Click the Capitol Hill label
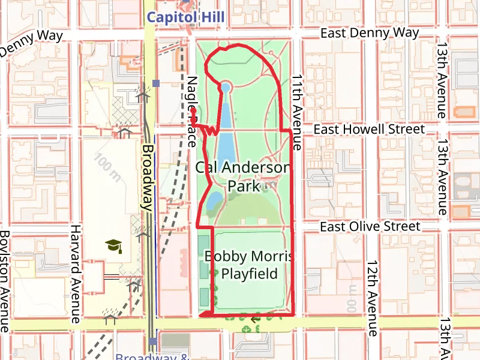pos(185,17)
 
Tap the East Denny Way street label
pos(370,33)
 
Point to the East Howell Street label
pos(369,129)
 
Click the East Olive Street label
pos(370,226)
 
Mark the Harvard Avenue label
pos(76,274)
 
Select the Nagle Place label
pos(191,112)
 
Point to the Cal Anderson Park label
pos(244,176)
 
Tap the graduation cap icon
pos(113,245)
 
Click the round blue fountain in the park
pos(226,88)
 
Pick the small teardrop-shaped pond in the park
pos(212,204)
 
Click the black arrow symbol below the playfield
pos(256,319)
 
